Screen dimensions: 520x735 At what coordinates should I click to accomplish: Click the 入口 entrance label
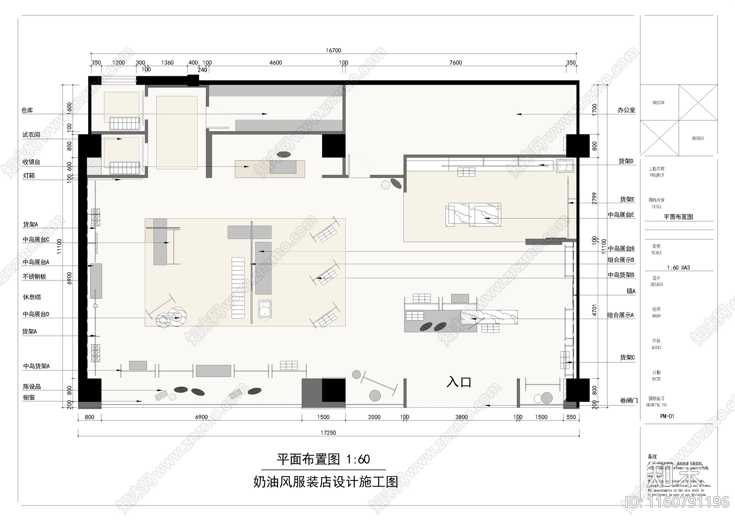pyautogui.click(x=459, y=382)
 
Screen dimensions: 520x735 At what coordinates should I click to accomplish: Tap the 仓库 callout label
pyautogui.click(x=27, y=110)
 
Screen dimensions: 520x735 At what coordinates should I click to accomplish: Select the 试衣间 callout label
pyautogui.click(x=31, y=135)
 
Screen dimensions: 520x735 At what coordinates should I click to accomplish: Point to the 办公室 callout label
pyautogui.click(x=626, y=110)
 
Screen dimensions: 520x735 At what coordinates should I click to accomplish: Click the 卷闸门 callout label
pyautogui.click(x=629, y=400)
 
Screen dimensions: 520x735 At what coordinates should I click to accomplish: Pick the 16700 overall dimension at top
pyautogui.click(x=334, y=51)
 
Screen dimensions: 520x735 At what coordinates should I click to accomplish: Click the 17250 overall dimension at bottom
pyautogui.click(x=328, y=433)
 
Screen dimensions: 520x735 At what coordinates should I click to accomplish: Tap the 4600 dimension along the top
pyautogui.click(x=276, y=63)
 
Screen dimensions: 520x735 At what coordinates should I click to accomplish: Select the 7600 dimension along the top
pyautogui.click(x=456, y=63)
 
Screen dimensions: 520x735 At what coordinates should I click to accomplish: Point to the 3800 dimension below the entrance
pyautogui.click(x=461, y=417)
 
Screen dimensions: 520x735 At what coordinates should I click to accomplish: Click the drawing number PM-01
pyautogui.click(x=667, y=416)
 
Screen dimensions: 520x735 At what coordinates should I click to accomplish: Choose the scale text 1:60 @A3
pyautogui.click(x=678, y=268)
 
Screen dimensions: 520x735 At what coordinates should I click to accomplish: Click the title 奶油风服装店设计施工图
pyautogui.click(x=326, y=482)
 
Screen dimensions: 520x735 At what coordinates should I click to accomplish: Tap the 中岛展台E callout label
pyautogui.click(x=621, y=215)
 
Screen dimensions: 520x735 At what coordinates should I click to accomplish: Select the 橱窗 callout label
pyautogui.click(x=29, y=397)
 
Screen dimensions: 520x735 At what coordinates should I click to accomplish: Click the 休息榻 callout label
pyautogui.click(x=32, y=297)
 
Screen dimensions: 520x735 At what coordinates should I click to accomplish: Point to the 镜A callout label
pyautogui.click(x=631, y=291)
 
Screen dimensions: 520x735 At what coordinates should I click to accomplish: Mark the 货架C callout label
pyautogui.click(x=628, y=357)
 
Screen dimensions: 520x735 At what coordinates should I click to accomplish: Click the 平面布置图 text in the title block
pyautogui.click(x=678, y=217)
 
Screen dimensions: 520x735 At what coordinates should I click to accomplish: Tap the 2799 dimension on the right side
pyautogui.click(x=594, y=198)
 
